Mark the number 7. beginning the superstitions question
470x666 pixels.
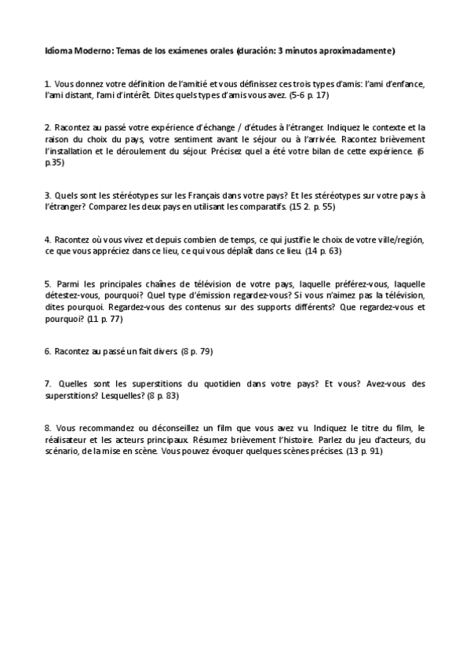coord(49,384)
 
